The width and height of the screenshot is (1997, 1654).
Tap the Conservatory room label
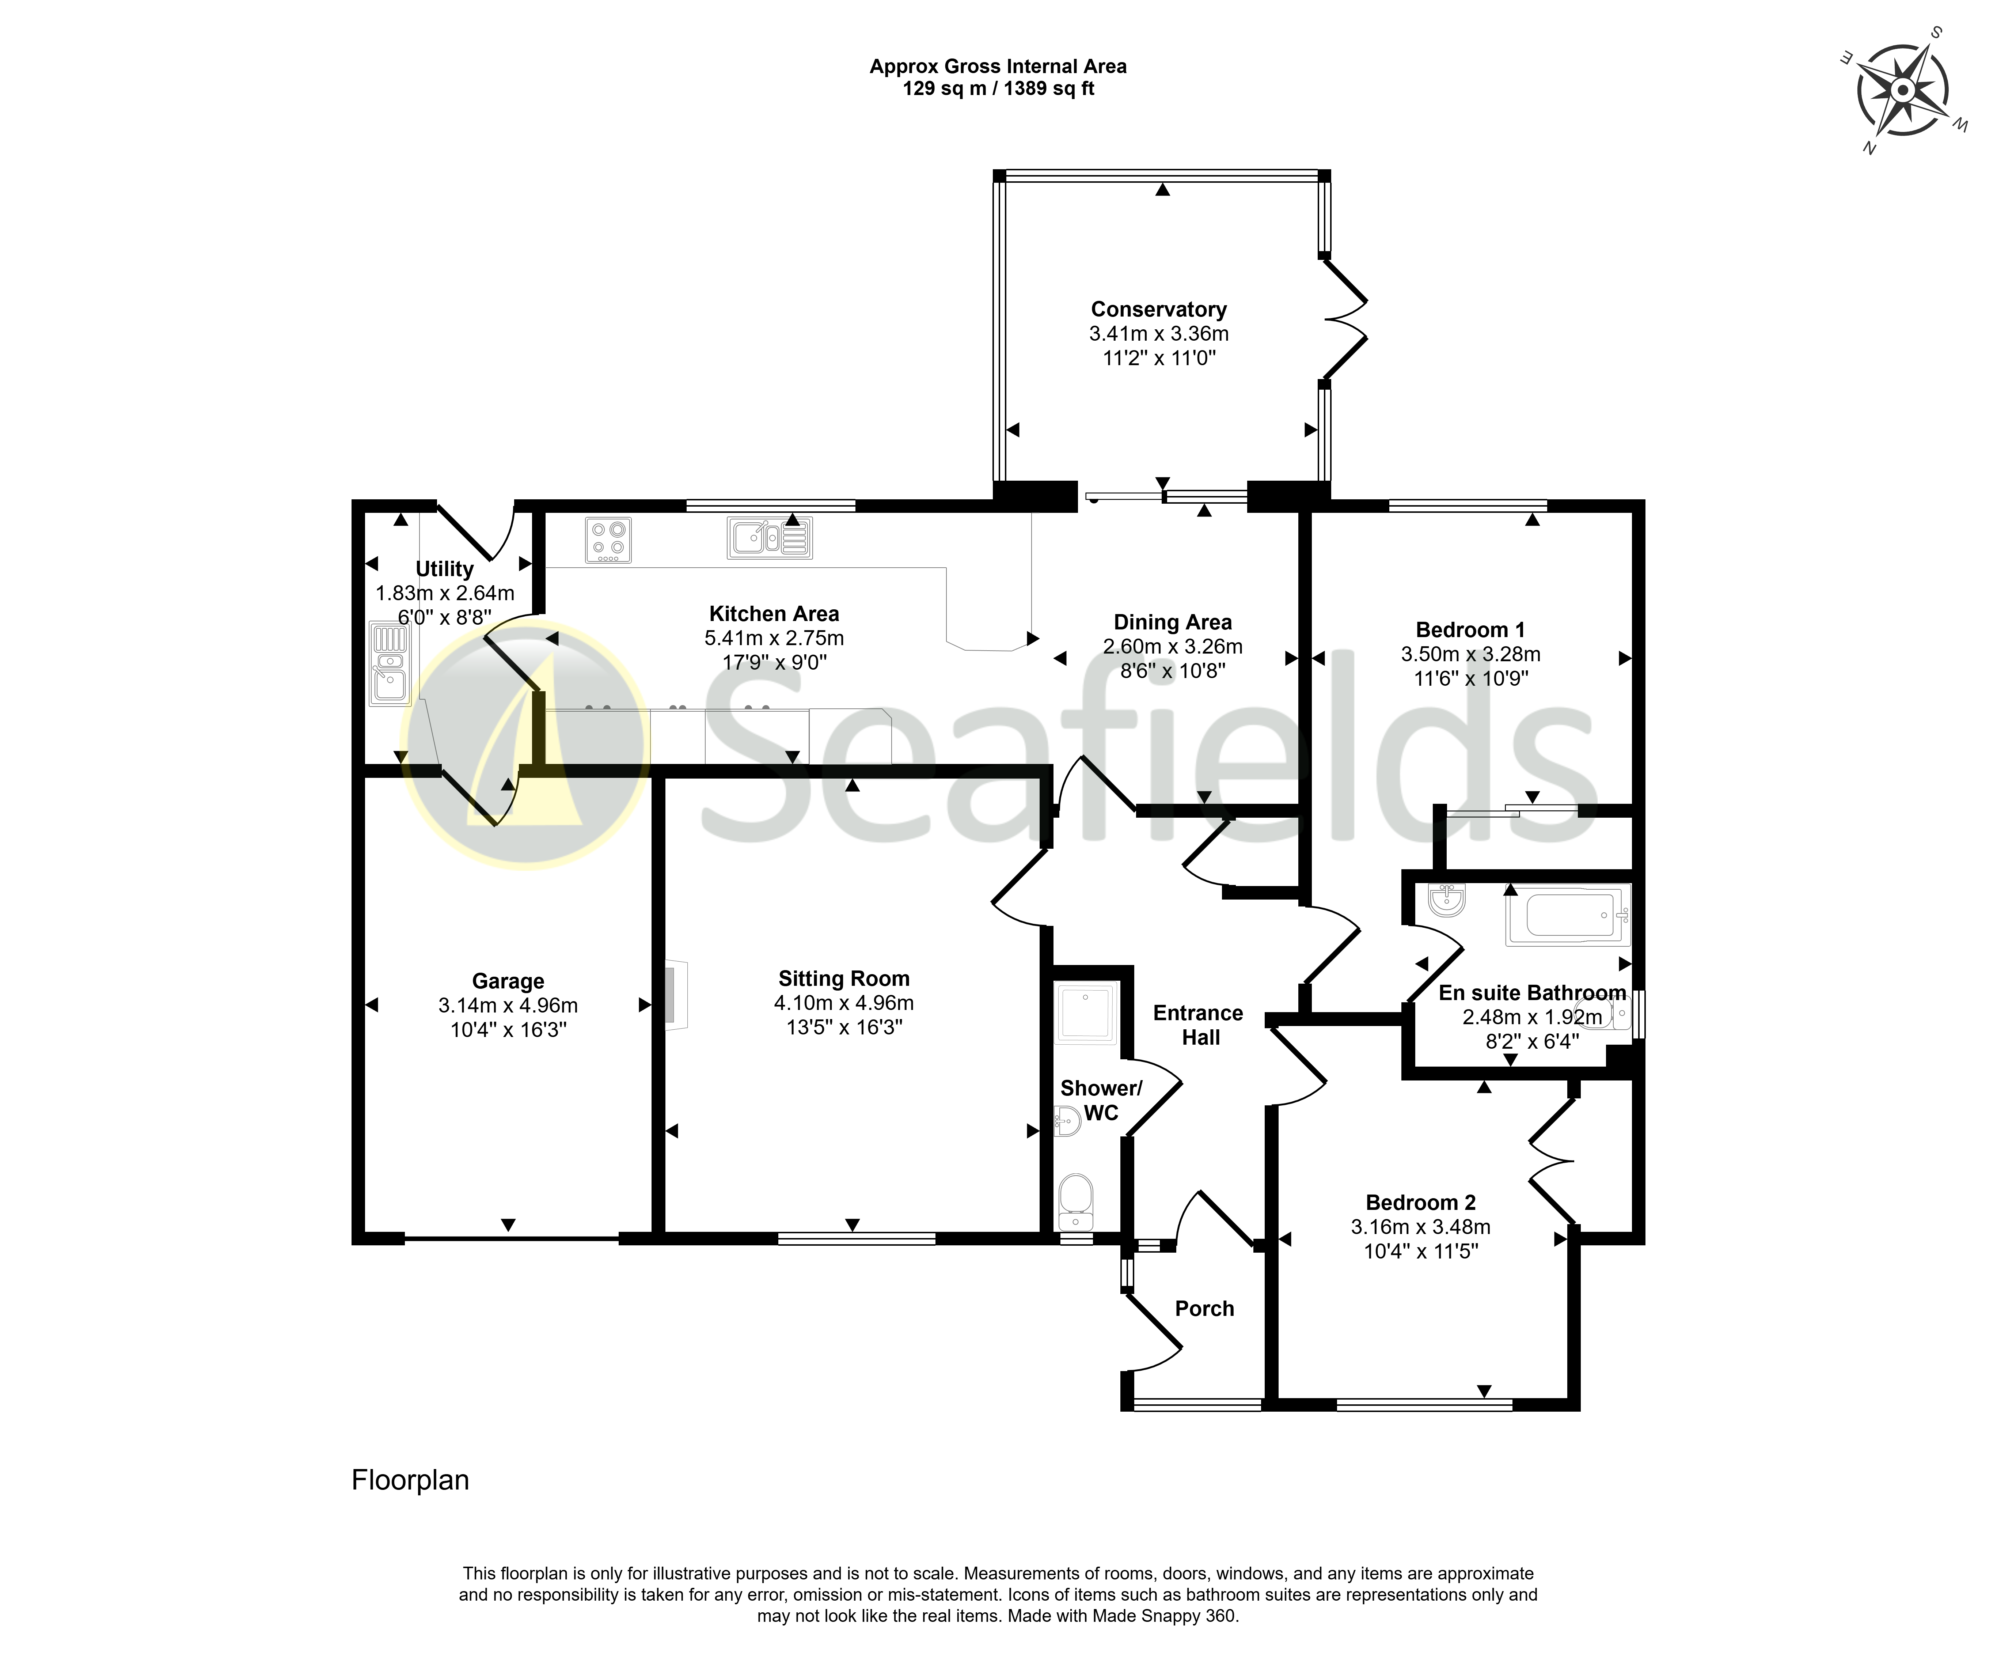pyautogui.click(x=1158, y=309)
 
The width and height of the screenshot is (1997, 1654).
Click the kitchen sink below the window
pyautogui.click(x=769, y=537)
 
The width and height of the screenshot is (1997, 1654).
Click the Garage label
pyautogui.click(x=508, y=981)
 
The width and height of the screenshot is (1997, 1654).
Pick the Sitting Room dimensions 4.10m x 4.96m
pyautogui.click(x=843, y=1003)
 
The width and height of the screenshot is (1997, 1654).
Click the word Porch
pyautogui.click(x=1204, y=1309)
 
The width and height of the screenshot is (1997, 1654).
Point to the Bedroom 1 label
pyautogui.click(x=1470, y=630)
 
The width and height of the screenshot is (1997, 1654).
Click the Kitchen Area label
pyautogui.click(x=774, y=613)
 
